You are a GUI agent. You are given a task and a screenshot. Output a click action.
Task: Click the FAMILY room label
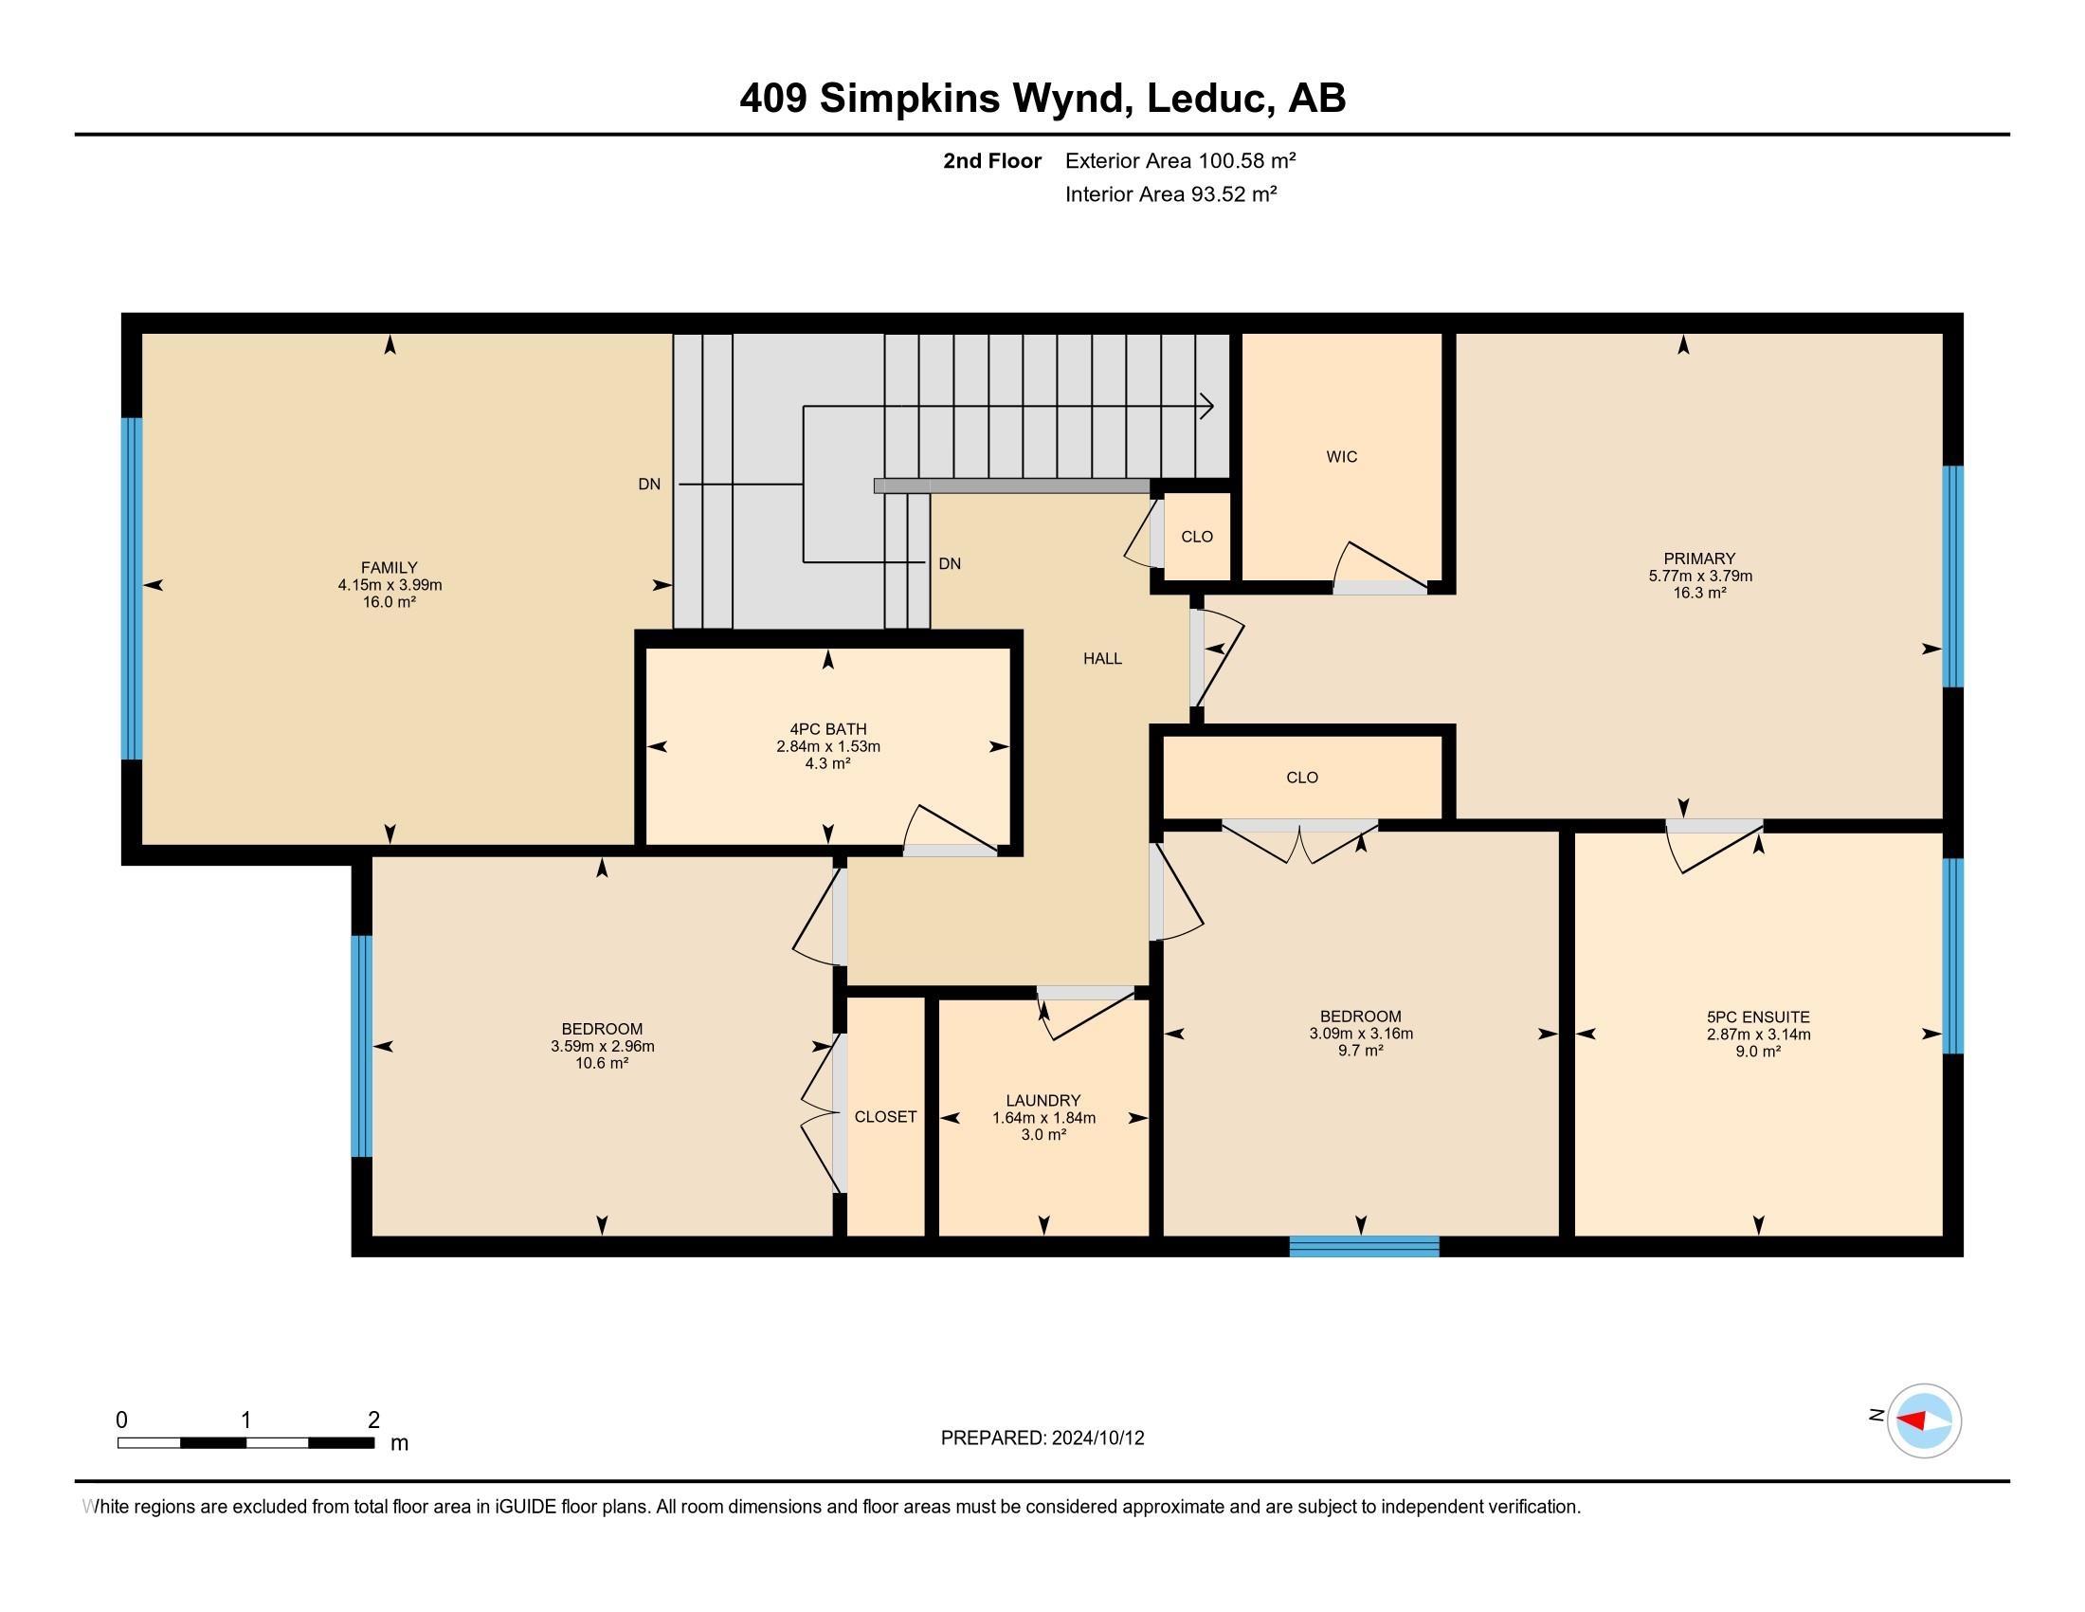(x=389, y=567)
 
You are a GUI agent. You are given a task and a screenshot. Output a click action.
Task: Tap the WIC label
(x=1341, y=456)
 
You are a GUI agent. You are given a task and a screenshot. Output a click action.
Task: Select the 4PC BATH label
(x=827, y=729)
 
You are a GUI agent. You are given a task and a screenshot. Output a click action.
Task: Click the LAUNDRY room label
(x=1043, y=1100)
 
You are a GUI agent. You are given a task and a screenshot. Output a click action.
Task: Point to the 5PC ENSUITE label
(x=1758, y=1017)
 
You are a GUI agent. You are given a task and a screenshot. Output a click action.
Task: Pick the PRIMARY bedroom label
(x=1699, y=559)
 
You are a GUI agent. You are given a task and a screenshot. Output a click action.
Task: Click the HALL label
(x=1101, y=658)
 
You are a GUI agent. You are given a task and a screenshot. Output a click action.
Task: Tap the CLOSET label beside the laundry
(x=885, y=1116)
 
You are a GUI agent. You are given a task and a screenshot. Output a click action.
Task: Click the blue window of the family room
(x=132, y=588)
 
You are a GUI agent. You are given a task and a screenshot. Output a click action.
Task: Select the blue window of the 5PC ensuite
(x=1953, y=955)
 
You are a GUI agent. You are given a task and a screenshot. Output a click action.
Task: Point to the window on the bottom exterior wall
(x=1364, y=1245)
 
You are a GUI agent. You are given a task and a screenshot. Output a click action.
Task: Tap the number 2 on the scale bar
(x=373, y=1420)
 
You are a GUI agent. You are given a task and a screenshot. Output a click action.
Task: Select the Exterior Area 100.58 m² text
(x=1180, y=160)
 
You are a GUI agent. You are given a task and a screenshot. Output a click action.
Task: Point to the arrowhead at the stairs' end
(x=1206, y=407)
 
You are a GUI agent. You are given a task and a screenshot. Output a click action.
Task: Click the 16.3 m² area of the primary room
(x=1699, y=593)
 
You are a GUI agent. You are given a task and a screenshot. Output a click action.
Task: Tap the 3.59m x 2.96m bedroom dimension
(x=602, y=1046)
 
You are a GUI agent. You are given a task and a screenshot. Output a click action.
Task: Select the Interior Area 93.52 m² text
(x=1170, y=193)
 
